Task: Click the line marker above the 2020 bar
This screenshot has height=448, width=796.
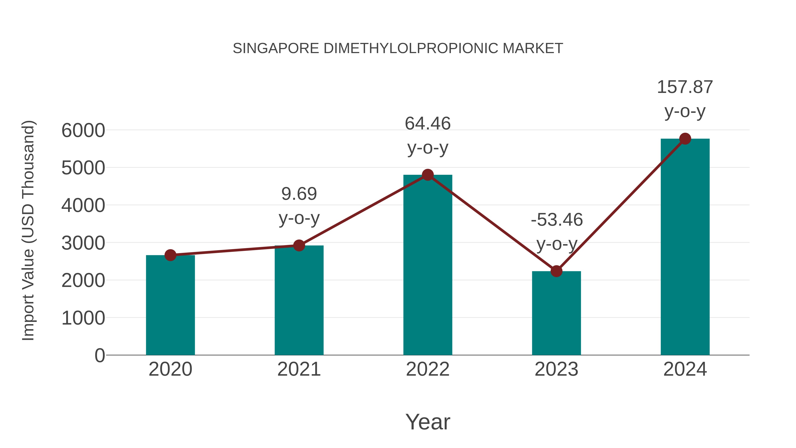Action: [x=170, y=255]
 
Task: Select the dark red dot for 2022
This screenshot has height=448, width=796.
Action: [x=428, y=175]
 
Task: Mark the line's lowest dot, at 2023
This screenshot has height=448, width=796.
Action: [x=556, y=271]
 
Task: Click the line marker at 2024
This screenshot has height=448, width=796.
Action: [x=685, y=139]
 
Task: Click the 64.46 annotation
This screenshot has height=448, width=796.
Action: [x=428, y=124]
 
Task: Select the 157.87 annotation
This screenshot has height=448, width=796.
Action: [x=685, y=87]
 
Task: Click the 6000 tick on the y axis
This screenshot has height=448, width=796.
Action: [x=83, y=130]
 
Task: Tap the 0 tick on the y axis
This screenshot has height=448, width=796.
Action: [x=100, y=355]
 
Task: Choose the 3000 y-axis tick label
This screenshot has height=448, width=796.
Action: [x=83, y=243]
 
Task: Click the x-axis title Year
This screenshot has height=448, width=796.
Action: [x=428, y=422]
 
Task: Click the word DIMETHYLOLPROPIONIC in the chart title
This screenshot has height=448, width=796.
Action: [x=411, y=48]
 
